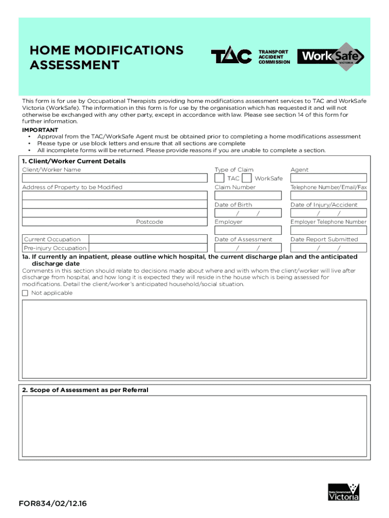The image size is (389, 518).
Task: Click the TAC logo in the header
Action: [231, 57]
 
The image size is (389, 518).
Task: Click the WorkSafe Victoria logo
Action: [330, 56]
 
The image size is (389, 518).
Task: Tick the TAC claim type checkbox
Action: [220, 178]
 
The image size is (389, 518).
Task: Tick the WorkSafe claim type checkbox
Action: [247, 178]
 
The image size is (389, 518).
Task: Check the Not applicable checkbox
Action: [25, 293]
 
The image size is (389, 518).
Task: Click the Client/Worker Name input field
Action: [115, 178]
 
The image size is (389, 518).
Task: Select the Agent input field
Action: [328, 178]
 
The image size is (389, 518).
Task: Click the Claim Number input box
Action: [248, 195]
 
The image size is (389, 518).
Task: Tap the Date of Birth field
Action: [248, 213]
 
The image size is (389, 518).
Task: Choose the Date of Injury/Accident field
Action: [328, 213]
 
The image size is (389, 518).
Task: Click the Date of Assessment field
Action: [248, 248]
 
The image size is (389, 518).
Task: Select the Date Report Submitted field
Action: [328, 248]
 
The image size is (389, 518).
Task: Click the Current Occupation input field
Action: [148, 239]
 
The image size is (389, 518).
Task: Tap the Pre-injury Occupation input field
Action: [148, 248]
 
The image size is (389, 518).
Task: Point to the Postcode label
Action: [150, 222]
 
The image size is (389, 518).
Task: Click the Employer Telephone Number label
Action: [328, 222]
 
